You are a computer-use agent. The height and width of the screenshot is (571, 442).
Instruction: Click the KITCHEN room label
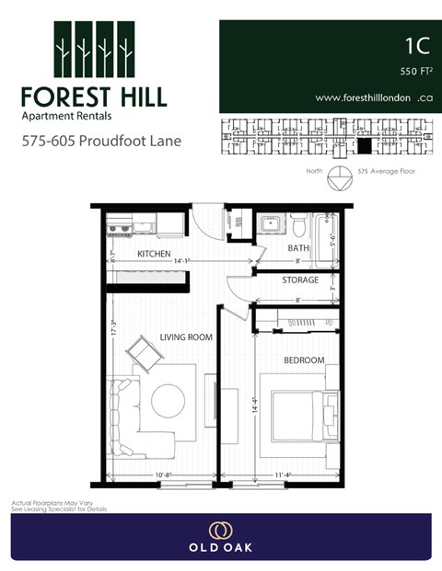point(154,253)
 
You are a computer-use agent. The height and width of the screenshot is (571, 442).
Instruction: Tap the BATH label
point(298,248)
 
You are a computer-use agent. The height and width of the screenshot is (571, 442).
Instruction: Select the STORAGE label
point(301,280)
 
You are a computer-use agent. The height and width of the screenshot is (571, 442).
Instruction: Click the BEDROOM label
point(304,360)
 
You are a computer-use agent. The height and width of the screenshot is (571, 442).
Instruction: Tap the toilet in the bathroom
point(298,223)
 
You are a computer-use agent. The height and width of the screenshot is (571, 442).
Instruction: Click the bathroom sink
point(271,223)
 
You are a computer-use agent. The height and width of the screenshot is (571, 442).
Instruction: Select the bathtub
point(327,236)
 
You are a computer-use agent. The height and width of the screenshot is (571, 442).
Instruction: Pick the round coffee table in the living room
point(168,399)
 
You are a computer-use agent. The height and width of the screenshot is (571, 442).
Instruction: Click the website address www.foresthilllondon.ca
point(374,97)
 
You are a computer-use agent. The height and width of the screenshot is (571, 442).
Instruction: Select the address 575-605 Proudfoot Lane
point(101,142)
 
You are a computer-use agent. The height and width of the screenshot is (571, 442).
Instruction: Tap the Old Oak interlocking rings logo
point(220,530)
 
